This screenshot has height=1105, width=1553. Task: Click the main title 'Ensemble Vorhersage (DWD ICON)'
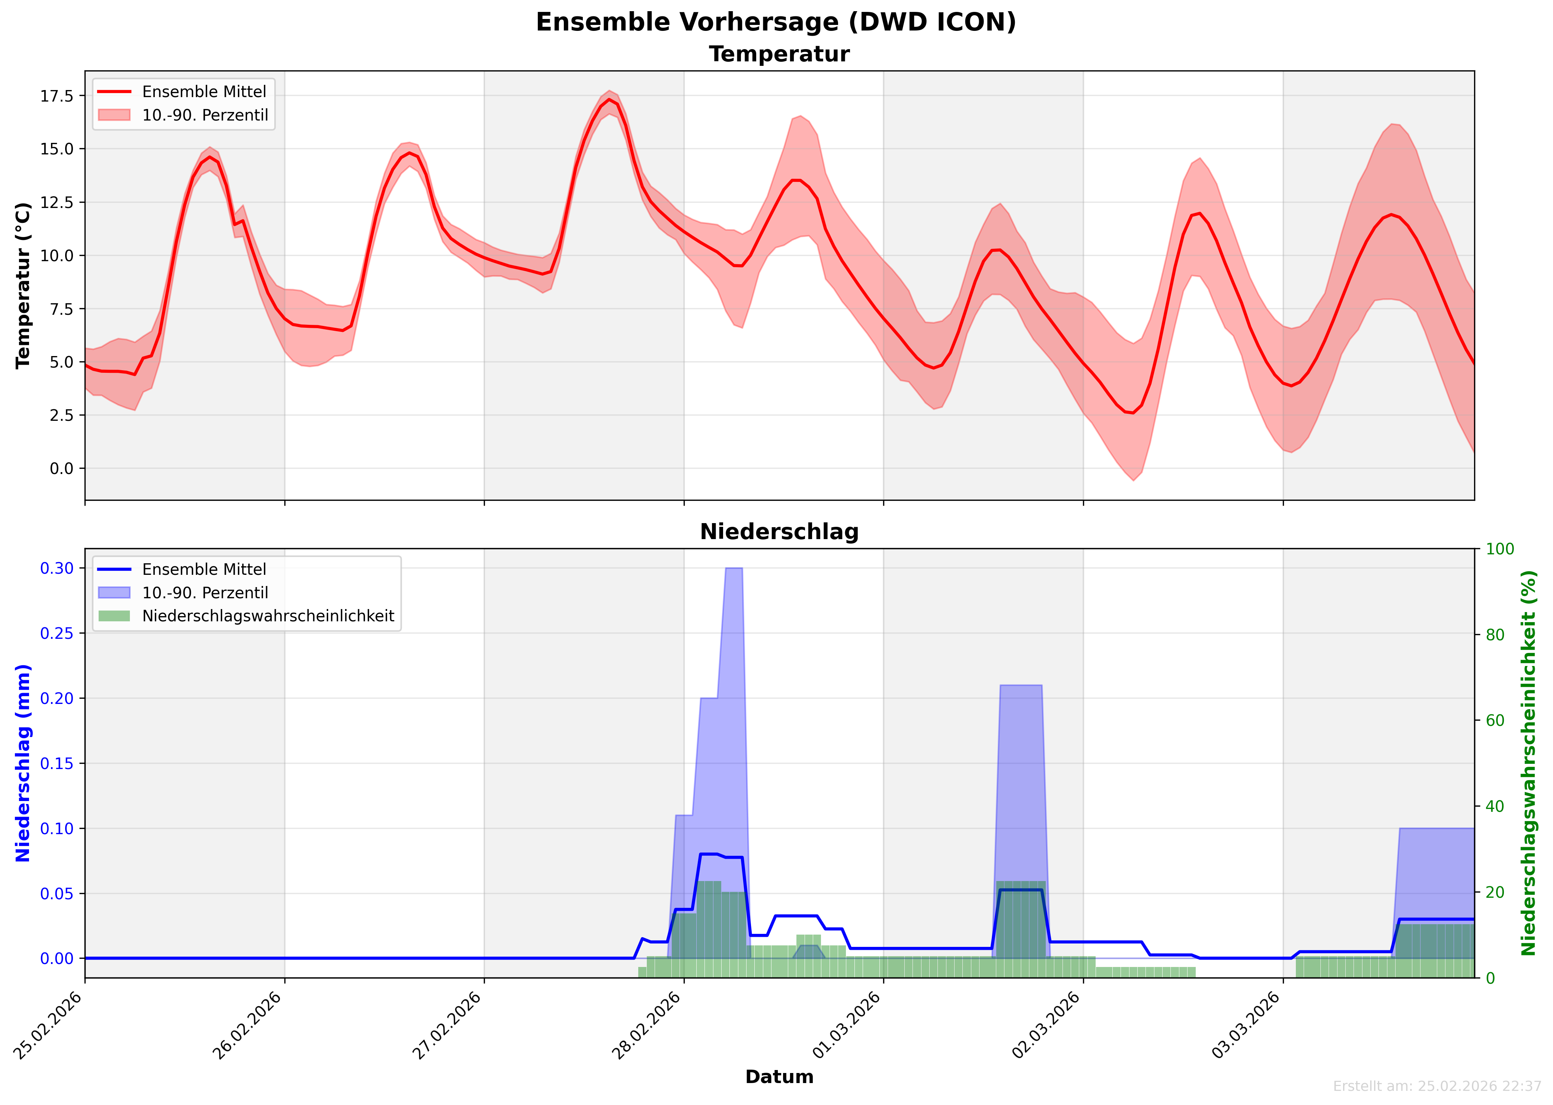(776, 22)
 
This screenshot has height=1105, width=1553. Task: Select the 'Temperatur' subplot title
(779, 54)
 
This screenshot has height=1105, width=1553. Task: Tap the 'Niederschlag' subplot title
(779, 532)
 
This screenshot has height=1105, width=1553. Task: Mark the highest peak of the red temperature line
(609, 99)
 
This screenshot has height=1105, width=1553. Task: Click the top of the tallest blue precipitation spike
(734, 568)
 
